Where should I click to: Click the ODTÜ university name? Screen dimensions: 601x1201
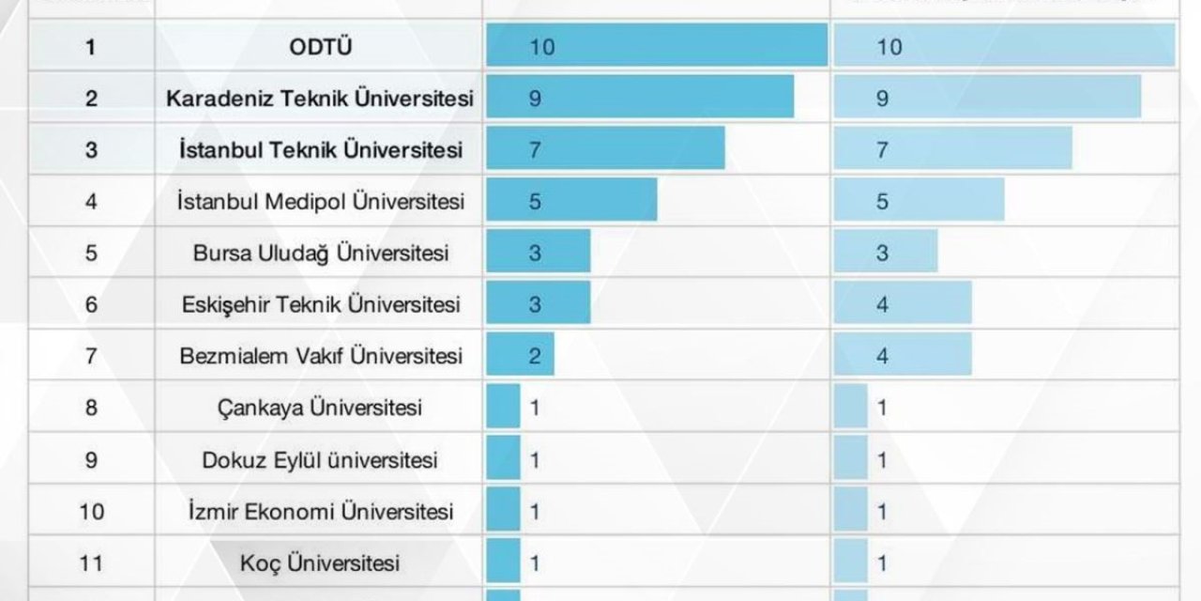tap(321, 47)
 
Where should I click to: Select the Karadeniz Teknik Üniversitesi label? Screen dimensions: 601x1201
tap(319, 99)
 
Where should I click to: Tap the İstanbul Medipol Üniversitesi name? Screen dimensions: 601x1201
tap(321, 202)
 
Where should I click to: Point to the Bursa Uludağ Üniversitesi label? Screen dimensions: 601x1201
tap(321, 254)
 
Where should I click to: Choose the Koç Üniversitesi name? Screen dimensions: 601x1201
tap(321, 563)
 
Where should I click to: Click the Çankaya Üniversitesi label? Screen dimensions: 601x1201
tap(321, 408)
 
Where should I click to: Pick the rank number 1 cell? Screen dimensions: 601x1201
tap(90, 47)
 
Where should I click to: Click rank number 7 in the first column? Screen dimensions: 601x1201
tap(90, 357)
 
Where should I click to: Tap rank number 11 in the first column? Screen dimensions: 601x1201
tap(90, 563)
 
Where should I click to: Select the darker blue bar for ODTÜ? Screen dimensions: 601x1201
tap(657, 46)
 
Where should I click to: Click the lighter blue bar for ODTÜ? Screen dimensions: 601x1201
tap(1004, 46)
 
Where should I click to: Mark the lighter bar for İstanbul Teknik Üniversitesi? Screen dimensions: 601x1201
tap(952, 149)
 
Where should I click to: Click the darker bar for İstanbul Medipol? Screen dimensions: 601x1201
tap(571, 201)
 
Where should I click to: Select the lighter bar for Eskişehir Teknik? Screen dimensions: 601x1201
tap(903, 304)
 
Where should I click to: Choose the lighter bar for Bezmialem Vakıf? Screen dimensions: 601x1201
tap(903, 356)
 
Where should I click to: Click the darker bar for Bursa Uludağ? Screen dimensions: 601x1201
tap(539, 253)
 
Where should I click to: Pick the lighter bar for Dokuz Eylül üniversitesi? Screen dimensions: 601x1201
tap(851, 459)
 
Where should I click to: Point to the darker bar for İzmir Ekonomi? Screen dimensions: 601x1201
tap(503, 511)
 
